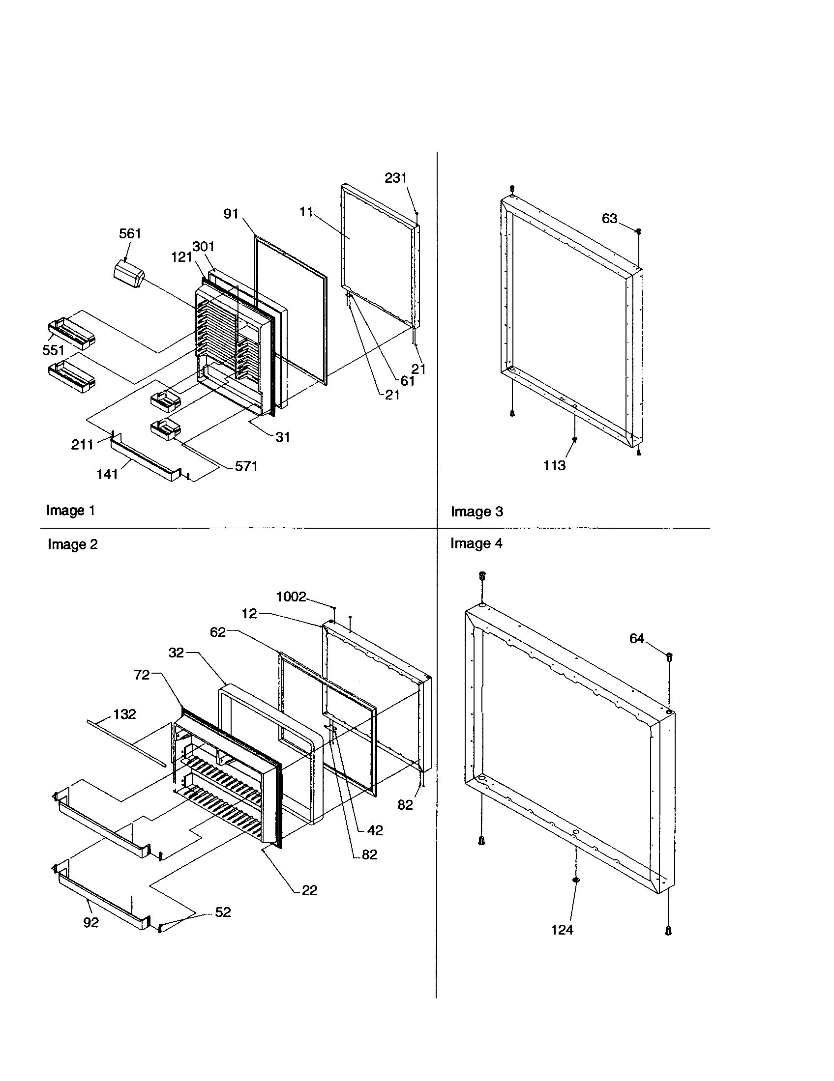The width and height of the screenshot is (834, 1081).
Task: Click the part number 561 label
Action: point(130,233)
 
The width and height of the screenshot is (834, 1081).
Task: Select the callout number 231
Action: point(395,178)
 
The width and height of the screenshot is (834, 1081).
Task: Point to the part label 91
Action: point(231,214)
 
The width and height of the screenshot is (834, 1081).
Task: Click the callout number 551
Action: point(53,350)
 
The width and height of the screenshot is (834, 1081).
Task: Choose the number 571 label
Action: point(246,466)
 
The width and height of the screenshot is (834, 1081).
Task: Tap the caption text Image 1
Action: point(70,511)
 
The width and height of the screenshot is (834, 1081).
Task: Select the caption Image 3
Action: point(477,512)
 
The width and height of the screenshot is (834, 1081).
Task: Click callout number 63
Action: point(609,218)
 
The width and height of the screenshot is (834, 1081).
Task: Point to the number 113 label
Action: point(554,465)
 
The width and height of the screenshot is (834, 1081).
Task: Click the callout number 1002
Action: point(291,597)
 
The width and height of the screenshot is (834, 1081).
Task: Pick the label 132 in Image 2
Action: point(124,714)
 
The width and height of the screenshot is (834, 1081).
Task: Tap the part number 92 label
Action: point(91,923)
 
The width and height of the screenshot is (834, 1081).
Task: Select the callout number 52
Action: point(223,912)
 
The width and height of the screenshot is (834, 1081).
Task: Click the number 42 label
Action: point(375,830)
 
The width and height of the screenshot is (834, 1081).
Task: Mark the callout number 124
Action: point(562,930)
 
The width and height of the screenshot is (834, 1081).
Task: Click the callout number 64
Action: point(636,639)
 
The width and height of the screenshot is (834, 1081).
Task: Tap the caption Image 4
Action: point(476,543)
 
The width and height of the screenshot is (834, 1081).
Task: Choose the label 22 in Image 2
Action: point(309,890)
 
